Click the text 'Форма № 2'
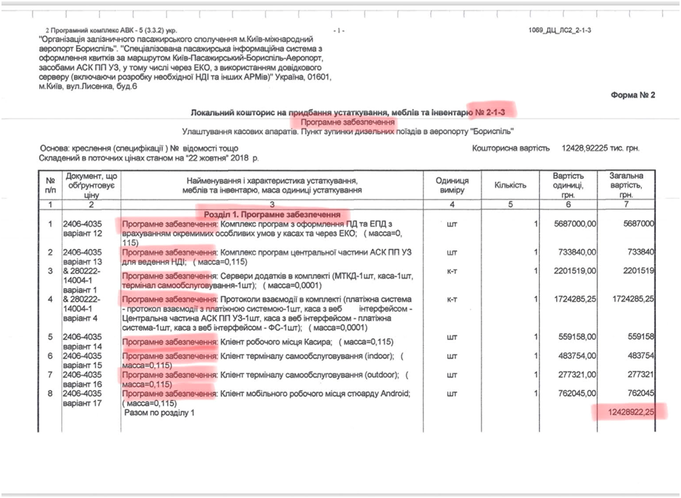tap(632, 95)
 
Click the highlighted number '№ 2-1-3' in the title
tap(492, 112)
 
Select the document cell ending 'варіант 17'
tap(85, 398)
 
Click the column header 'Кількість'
tap(504, 184)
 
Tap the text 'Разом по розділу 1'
tap(161, 414)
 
